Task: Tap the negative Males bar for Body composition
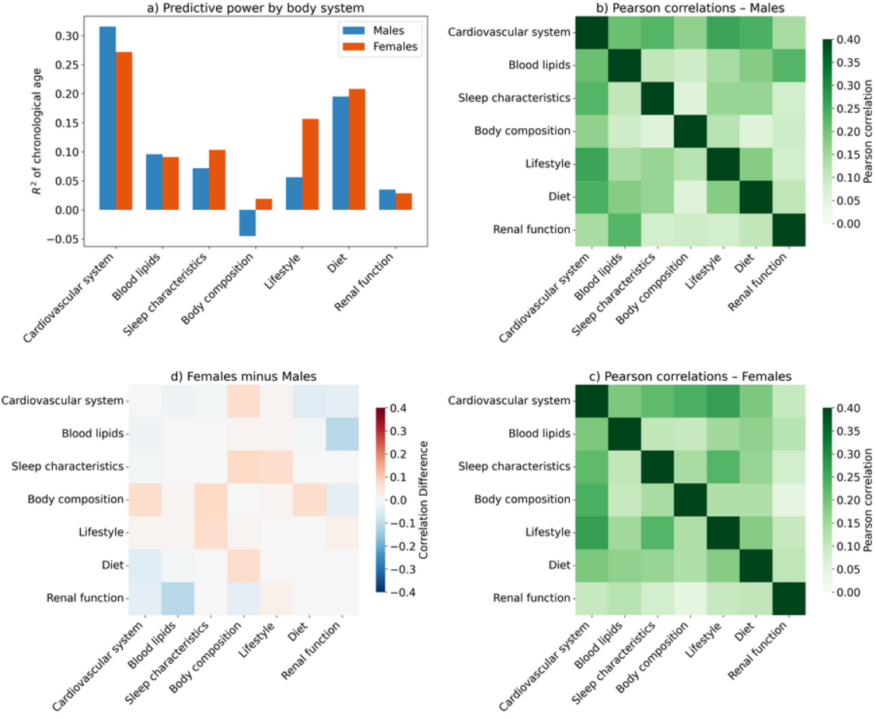(247, 222)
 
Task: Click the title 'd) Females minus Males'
(243, 377)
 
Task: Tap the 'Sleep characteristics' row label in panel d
(68, 466)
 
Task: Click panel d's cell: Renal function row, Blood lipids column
(177, 598)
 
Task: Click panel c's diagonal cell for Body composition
(689, 500)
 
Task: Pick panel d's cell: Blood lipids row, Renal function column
(342, 434)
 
